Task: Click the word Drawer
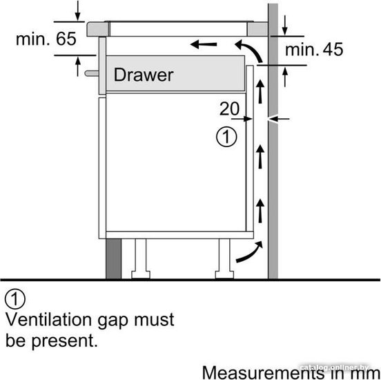144,75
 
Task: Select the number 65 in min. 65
66,39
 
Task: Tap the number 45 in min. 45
333,49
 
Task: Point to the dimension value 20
229,108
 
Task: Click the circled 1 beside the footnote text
15,299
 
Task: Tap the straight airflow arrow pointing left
204,44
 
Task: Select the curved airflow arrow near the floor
250,252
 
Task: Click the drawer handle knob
92,73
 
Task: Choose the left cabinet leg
141,258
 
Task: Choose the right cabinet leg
224,258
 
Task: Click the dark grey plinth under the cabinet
113,258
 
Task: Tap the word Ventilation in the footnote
49,319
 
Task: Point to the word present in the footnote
64,341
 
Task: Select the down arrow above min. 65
77,10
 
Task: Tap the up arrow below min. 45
285,77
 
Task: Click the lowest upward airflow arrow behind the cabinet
260,211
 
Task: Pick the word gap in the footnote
113,321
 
